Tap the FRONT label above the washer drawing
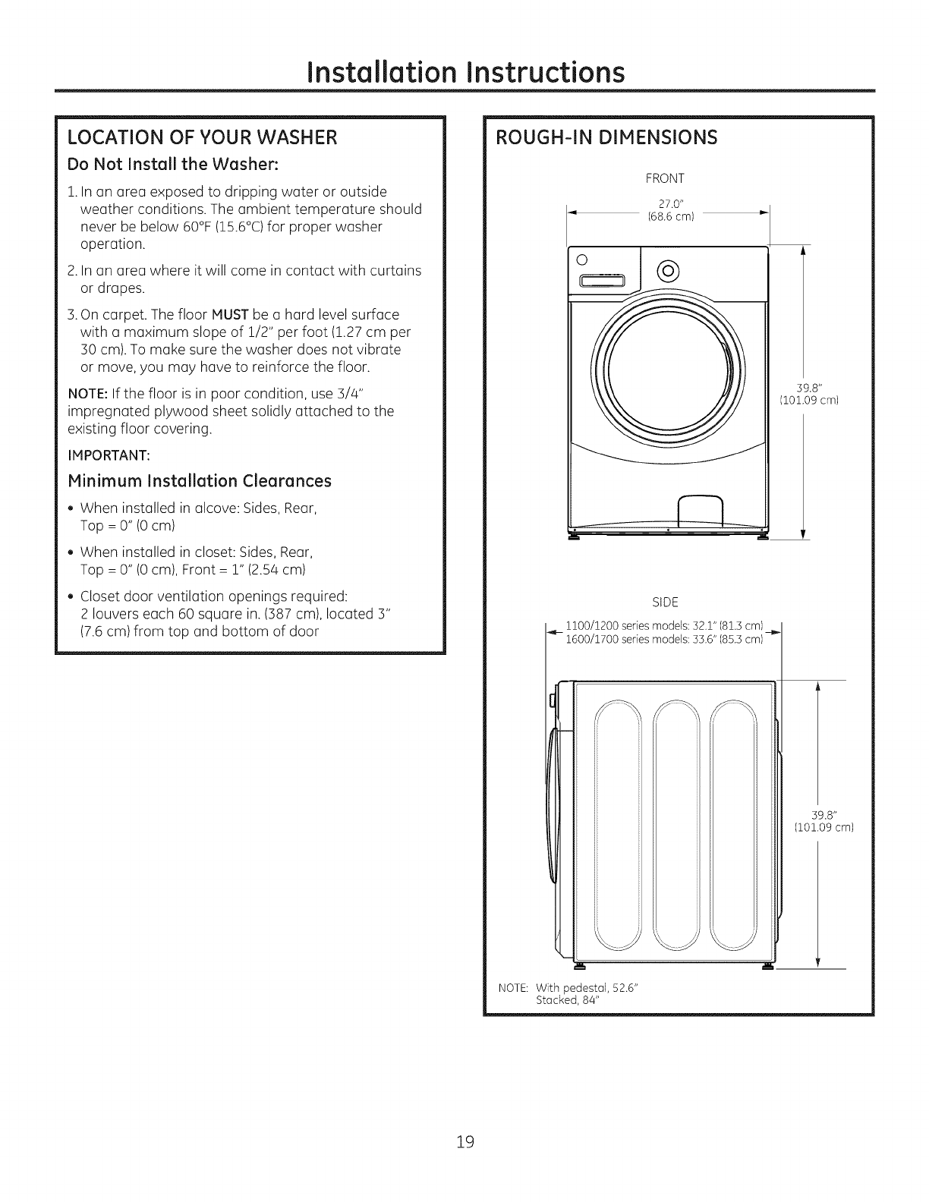665,179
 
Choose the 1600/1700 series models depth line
664,639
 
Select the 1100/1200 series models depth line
664,627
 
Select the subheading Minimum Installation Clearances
200,480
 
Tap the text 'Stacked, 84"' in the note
568,999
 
